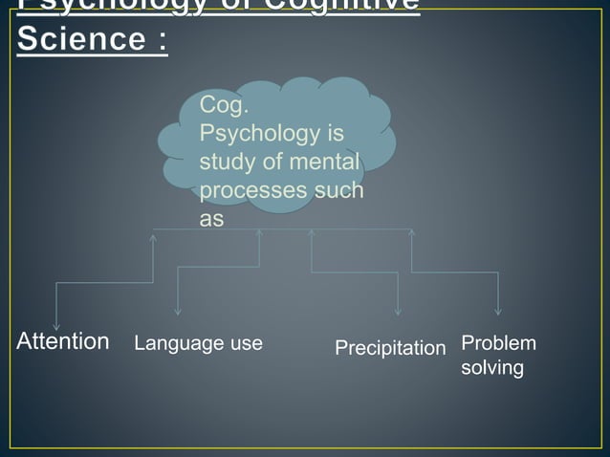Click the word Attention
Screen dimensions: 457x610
[63, 341]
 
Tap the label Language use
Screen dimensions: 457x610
[198, 343]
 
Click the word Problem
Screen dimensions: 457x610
[498, 343]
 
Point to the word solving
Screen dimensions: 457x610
[491, 368]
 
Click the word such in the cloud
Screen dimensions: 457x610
[340, 189]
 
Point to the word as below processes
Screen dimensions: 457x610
[211, 218]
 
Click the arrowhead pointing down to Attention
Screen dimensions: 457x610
[57, 325]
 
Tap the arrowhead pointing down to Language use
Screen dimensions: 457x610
[178, 311]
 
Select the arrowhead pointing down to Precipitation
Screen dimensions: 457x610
[398, 311]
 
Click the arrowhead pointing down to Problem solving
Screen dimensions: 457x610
[498, 311]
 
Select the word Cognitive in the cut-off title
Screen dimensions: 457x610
[336, 5]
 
